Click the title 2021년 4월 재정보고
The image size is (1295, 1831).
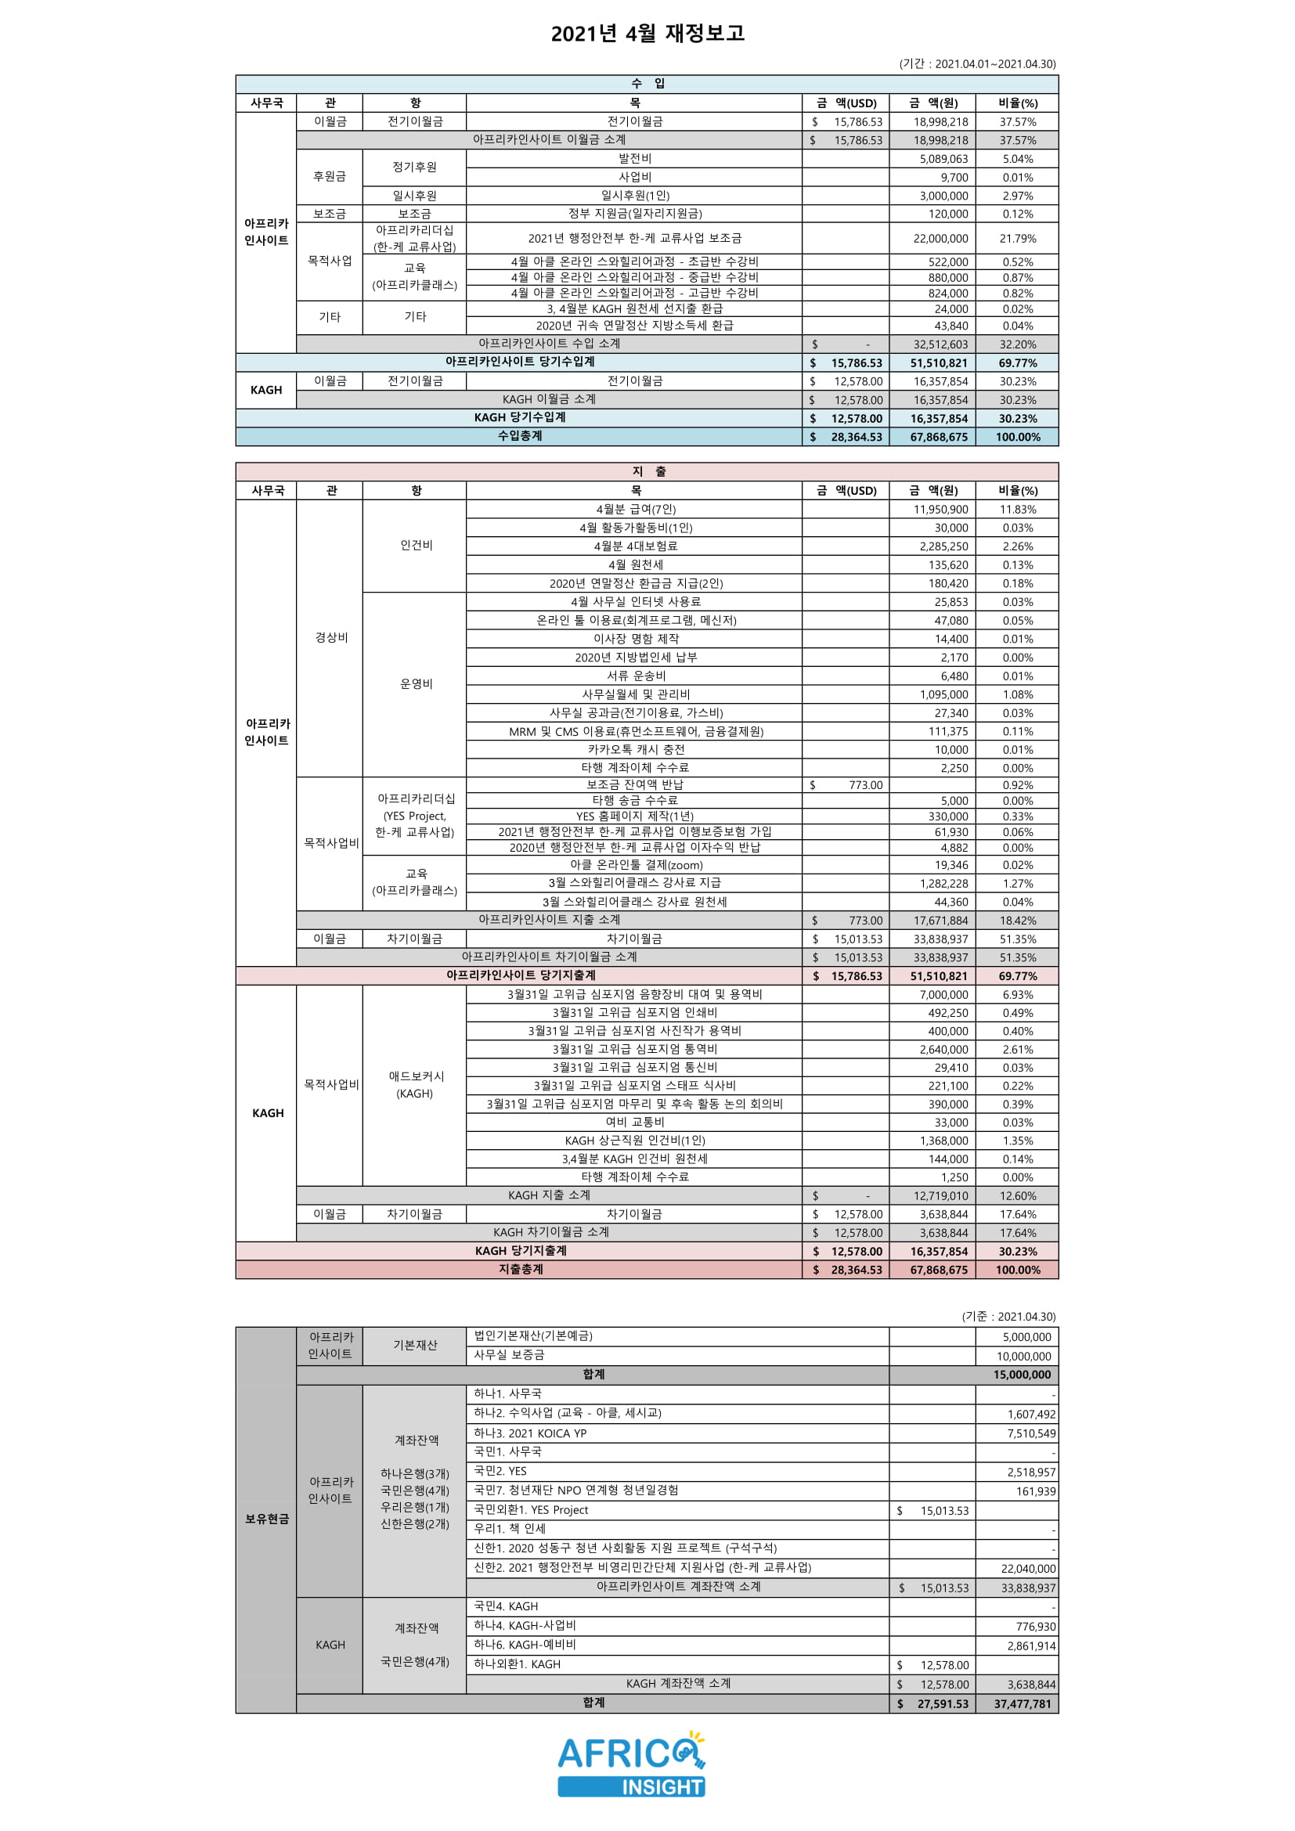[647, 33]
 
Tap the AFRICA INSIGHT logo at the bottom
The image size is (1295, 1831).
[631, 1764]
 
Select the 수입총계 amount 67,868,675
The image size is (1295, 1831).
[939, 437]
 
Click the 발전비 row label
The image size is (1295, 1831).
[634, 159]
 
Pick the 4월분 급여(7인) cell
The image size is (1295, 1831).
[635, 510]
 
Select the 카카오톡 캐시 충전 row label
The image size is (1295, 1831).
[635, 750]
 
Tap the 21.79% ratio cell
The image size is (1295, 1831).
[1018, 239]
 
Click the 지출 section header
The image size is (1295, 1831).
[647, 471]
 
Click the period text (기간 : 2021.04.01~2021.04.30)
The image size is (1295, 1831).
[977, 63]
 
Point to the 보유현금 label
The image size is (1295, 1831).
[266, 1519]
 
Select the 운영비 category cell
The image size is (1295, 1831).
[416, 684]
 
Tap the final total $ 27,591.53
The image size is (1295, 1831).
[933, 1703]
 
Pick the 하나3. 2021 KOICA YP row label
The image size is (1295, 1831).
[529, 1433]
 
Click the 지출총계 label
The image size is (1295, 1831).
[520, 1269]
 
